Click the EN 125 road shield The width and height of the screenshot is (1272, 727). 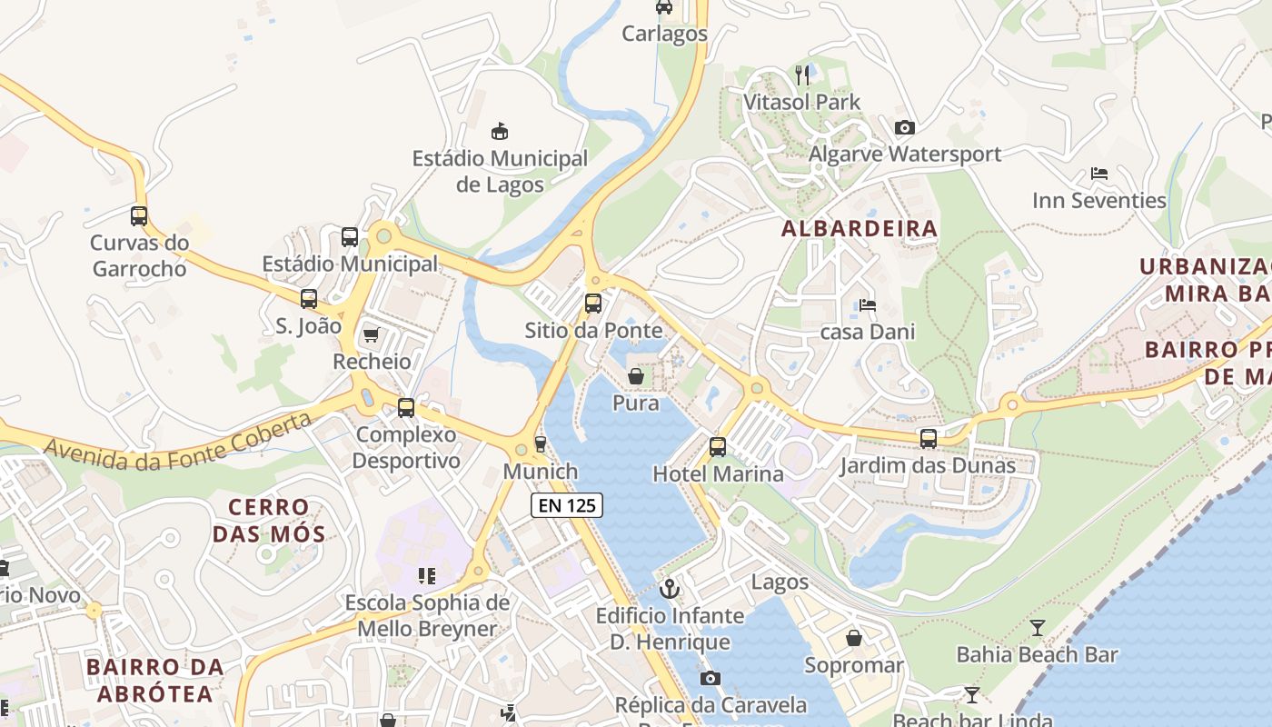tap(567, 505)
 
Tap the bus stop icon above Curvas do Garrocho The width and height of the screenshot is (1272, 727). tap(139, 216)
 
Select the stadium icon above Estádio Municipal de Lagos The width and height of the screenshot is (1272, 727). tap(499, 132)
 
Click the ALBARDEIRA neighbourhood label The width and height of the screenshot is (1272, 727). tap(859, 229)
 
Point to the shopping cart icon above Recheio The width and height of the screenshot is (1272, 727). tap(371, 335)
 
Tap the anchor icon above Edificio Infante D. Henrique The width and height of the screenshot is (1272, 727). tap(670, 589)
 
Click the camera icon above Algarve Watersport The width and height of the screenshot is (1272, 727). tap(904, 127)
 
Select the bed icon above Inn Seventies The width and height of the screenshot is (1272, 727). tap(1098, 174)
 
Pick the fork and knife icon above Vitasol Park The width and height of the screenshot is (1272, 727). tap(801, 75)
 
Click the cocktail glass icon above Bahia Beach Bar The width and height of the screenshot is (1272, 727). tap(1037, 628)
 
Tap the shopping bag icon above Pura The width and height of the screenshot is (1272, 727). tap(636, 375)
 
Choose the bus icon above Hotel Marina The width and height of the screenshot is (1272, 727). tap(718, 447)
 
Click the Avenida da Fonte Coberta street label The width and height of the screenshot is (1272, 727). tap(176, 442)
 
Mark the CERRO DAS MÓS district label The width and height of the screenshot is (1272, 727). tap(268, 521)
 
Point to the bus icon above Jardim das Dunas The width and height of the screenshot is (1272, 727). tap(928, 439)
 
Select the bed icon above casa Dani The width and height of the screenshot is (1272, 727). tap(868, 305)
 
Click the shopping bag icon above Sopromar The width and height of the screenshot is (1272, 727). tap(854, 639)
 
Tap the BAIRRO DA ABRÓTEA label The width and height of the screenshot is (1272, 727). tap(154, 681)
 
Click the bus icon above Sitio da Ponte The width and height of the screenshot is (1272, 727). tap(593, 304)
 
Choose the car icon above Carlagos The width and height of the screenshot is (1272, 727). tap(664, 7)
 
